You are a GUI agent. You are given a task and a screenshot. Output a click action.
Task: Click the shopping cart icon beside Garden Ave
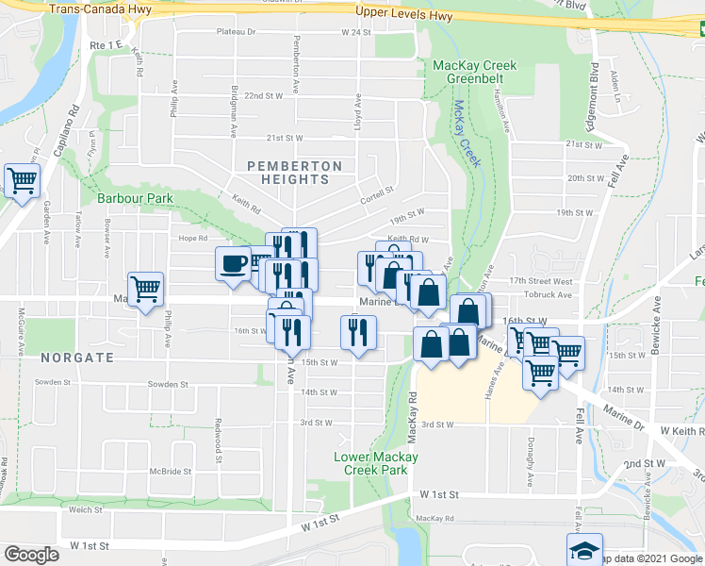[22, 180]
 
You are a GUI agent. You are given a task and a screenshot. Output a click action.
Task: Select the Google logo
[32, 555]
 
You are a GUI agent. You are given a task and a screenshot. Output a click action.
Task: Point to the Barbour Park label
[135, 199]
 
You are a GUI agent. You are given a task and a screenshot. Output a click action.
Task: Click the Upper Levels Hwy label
[404, 15]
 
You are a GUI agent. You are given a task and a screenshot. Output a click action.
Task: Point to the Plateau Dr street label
[236, 32]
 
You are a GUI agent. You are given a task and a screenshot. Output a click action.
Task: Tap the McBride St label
[170, 472]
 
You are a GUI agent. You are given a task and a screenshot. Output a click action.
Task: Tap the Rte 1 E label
[107, 45]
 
